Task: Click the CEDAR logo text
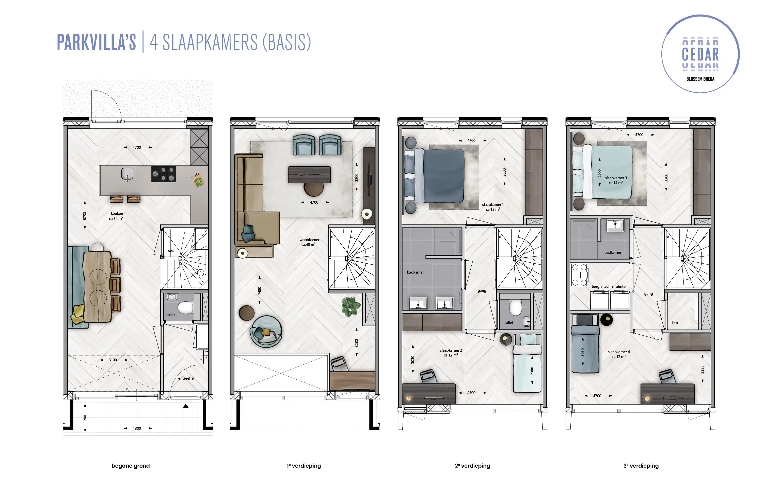pos(700,54)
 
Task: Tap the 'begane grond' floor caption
pos(131,466)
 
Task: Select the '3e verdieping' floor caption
pos(641,466)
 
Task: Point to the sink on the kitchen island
pos(127,174)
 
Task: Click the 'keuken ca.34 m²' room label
pos(116,216)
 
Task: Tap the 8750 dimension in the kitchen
pos(85,216)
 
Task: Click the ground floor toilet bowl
pos(186,308)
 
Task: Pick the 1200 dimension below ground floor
pos(85,419)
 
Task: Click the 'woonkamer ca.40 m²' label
pos(309,242)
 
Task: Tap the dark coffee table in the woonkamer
pos(309,175)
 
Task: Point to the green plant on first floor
pos(351,307)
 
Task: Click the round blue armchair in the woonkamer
pos(266,332)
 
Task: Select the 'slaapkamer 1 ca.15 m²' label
pos(493,207)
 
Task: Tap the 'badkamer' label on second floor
pos(415,272)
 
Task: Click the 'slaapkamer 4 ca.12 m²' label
pos(618,354)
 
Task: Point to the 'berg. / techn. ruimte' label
pos(608,286)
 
